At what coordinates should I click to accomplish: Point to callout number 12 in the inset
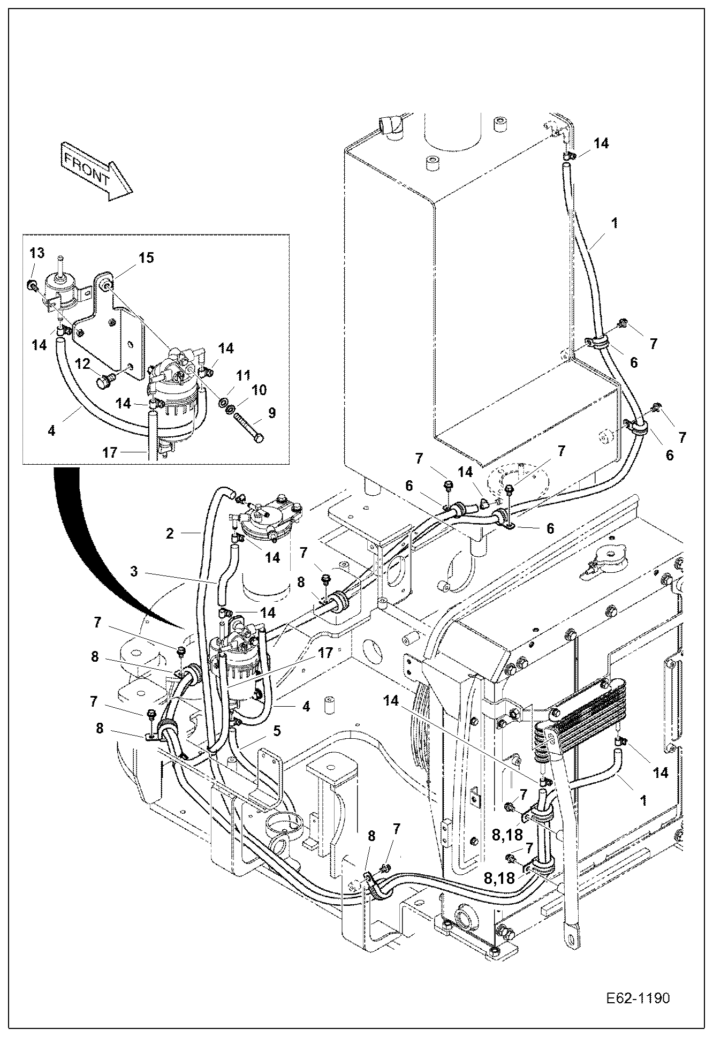(82, 364)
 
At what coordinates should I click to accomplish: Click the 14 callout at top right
(601, 143)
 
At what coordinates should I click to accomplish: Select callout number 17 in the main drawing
(324, 653)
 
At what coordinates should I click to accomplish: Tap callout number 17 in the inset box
(109, 452)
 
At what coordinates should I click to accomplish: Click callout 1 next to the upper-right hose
(615, 223)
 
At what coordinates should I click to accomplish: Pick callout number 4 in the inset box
(51, 430)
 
